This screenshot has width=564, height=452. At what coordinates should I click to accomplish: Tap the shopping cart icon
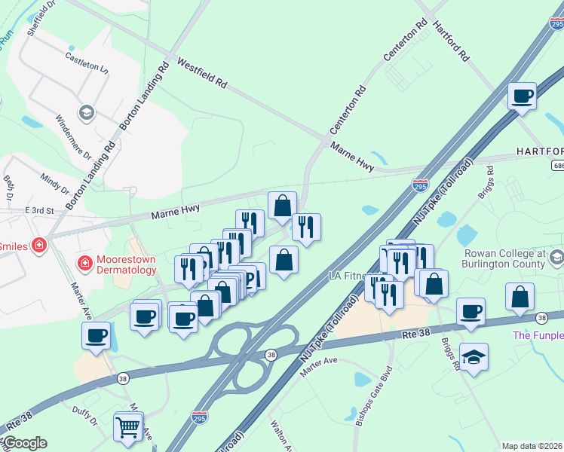128,427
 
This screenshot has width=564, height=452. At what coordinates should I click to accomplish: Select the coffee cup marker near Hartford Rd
522,96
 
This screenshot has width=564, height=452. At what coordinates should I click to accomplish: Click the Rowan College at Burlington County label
505,258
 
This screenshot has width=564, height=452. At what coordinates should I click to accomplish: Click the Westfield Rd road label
201,72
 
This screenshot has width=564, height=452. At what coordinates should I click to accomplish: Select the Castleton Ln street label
87,61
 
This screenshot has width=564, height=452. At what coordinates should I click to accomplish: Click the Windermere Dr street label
74,136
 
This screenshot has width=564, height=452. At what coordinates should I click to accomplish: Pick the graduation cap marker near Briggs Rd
474,358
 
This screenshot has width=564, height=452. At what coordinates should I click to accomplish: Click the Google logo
24,443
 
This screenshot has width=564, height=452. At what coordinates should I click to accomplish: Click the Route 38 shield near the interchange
271,353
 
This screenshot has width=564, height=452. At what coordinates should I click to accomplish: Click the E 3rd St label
40,211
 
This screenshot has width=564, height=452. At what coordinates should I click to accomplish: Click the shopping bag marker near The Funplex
520,297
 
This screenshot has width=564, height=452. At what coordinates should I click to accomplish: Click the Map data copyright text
532,446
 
